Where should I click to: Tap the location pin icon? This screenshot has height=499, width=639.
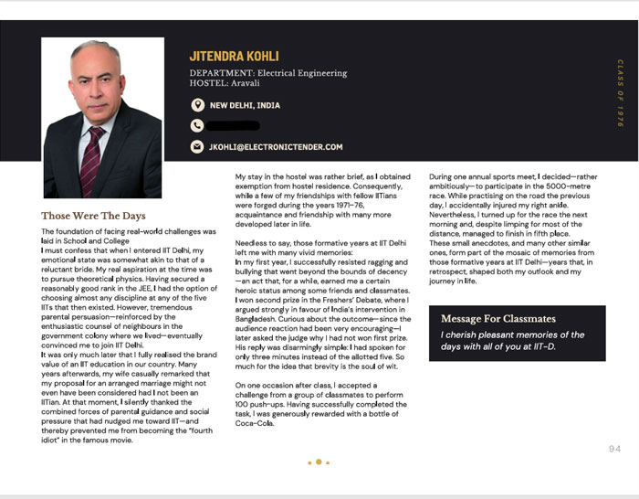tap(197, 105)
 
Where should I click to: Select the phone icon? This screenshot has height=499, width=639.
tap(197, 126)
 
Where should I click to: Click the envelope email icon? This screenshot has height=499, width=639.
tap(197, 146)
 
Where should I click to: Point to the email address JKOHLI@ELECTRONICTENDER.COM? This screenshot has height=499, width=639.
tap(276, 146)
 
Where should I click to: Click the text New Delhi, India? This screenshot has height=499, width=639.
tap(245, 105)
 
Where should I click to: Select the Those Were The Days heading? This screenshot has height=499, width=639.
tap(93, 216)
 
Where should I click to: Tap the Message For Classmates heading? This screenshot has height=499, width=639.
tap(498, 319)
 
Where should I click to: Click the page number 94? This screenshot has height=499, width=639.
tap(614, 449)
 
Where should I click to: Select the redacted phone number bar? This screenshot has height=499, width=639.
tap(235, 126)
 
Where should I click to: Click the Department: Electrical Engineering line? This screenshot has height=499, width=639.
tap(268, 73)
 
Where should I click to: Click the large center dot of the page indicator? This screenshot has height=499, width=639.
tap(319, 462)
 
